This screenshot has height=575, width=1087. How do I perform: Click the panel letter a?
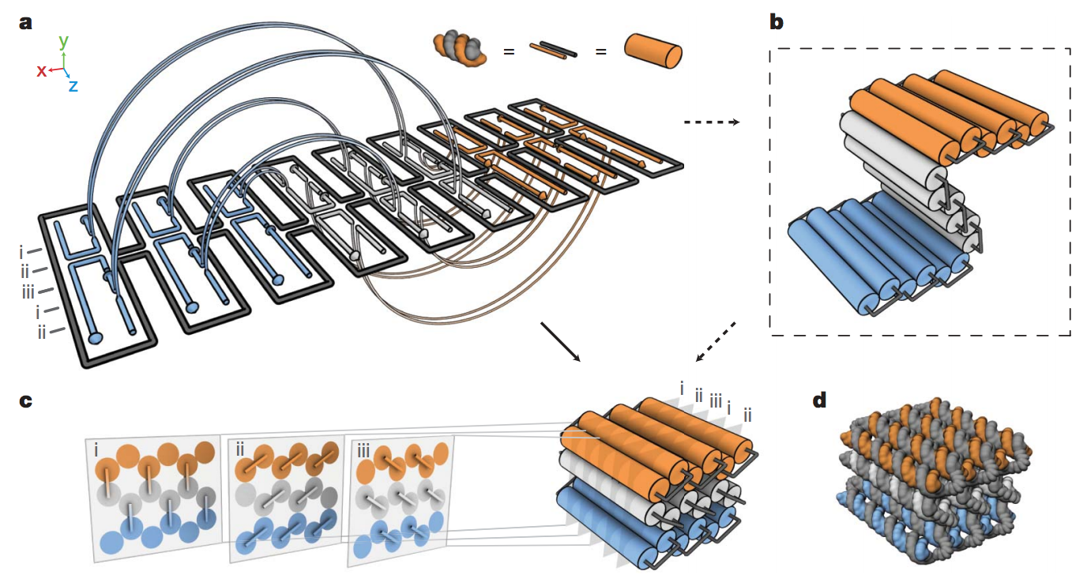[x=26, y=21]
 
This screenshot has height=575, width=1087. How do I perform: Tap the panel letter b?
[x=777, y=21]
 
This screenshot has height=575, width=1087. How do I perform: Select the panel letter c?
[x=26, y=400]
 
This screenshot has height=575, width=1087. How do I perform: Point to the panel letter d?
[x=820, y=401]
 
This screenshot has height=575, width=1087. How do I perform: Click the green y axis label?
[x=64, y=40]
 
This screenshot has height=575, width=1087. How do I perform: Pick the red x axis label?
[x=41, y=71]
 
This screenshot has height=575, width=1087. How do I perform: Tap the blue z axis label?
[x=73, y=86]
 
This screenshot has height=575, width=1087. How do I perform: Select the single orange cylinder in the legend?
[x=653, y=52]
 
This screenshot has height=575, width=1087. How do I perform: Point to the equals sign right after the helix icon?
[x=510, y=53]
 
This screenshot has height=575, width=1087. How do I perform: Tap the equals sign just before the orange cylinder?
[x=600, y=53]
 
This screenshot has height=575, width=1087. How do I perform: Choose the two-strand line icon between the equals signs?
[x=554, y=51]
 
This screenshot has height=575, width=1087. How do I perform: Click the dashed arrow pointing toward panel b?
[x=711, y=122]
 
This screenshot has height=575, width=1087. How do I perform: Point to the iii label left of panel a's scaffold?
[x=29, y=293]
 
